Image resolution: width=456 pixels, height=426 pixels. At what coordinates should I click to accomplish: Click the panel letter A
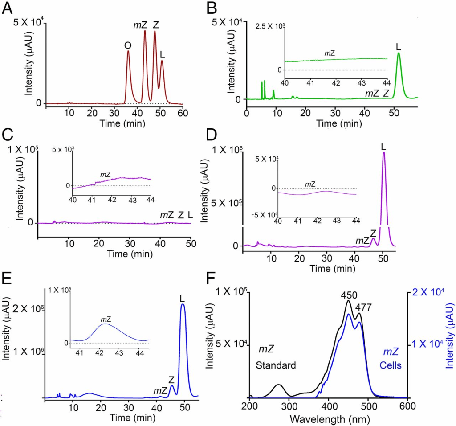8,9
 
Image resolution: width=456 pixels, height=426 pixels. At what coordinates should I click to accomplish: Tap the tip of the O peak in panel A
128,51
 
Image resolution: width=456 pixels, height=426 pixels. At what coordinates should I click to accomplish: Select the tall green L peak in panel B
399,54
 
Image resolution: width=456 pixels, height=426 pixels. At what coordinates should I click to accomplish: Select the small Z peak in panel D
374,240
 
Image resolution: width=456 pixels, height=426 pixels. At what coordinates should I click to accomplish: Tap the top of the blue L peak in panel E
182,306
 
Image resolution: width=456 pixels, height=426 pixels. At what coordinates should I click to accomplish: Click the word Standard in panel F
276,366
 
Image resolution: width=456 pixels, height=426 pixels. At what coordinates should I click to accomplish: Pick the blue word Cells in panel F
391,365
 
